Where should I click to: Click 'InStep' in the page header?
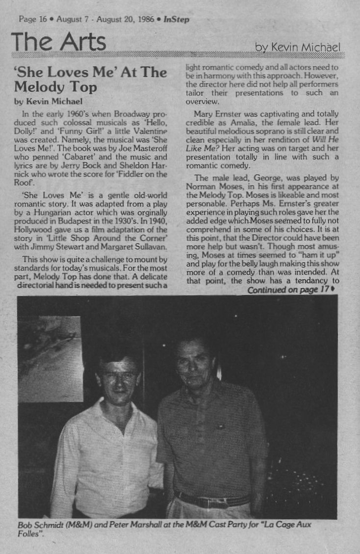click(x=177, y=20)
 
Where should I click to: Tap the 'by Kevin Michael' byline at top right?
click(x=297, y=47)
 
